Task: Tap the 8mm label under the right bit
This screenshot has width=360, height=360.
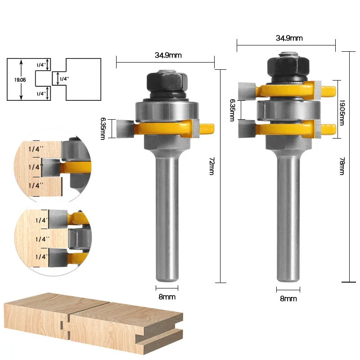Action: click(288, 298)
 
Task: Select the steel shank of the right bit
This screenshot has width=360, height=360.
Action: click(287, 211)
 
